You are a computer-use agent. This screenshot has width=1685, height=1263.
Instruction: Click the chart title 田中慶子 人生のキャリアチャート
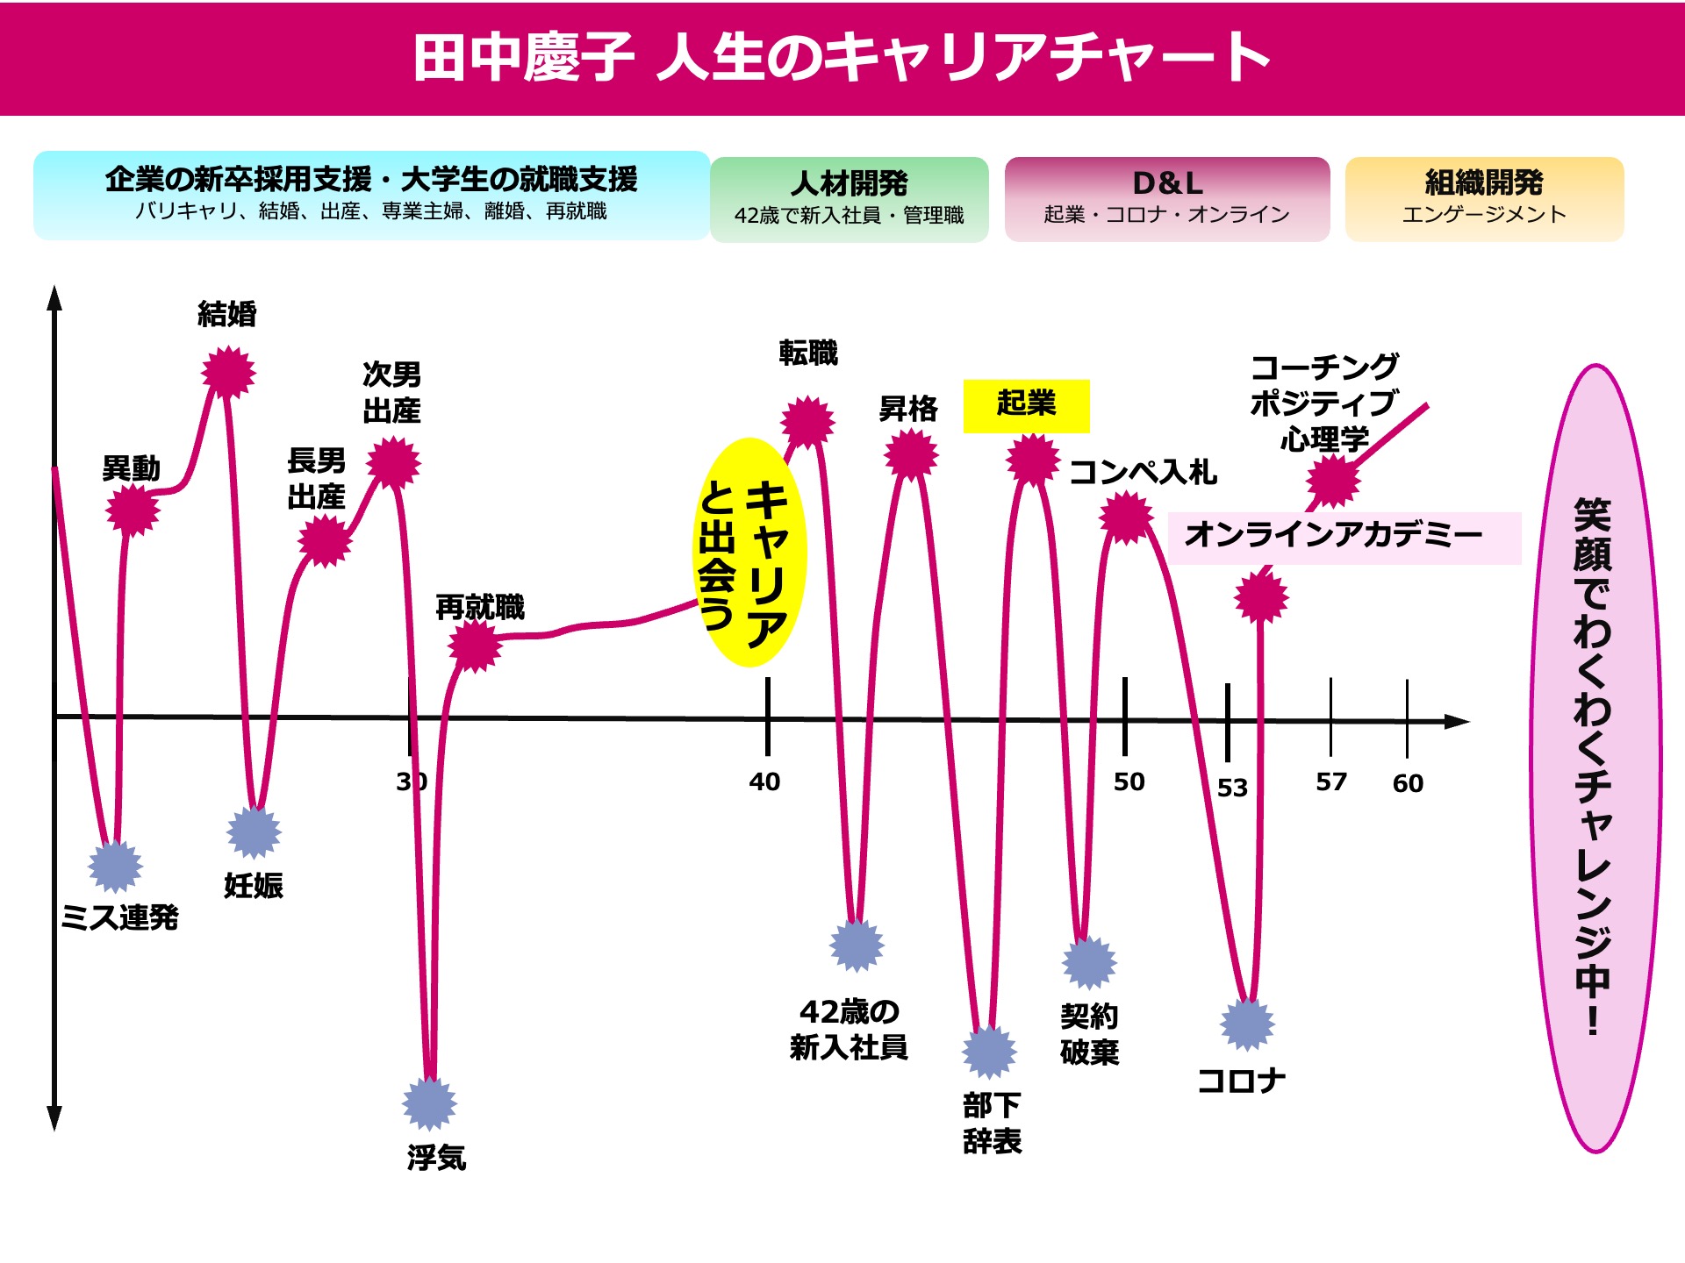tap(841, 58)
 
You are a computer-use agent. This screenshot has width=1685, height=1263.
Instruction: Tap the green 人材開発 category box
tap(849, 199)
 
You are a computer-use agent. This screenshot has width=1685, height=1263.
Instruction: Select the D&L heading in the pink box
tap(1167, 183)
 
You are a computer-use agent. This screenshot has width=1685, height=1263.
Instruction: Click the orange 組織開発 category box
tap(1484, 199)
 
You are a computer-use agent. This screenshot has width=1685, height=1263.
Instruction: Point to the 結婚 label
tap(227, 314)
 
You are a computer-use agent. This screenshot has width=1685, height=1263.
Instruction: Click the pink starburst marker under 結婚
tap(228, 373)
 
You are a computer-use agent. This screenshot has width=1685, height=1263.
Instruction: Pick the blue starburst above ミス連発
tap(115, 866)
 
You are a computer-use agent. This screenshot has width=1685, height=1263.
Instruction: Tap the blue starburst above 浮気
tap(429, 1103)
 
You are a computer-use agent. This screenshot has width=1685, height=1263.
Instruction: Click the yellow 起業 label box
tap(1026, 405)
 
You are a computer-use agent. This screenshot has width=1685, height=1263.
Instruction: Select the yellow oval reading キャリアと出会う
tap(749, 553)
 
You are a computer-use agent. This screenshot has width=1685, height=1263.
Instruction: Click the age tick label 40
tap(764, 781)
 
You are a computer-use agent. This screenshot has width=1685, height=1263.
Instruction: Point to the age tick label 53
tap(1232, 788)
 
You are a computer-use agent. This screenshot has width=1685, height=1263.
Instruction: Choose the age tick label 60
tap(1408, 783)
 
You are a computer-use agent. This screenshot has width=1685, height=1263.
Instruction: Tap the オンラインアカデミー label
tap(1334, 535)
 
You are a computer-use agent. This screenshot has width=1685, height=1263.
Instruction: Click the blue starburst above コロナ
tap(1247, 1024)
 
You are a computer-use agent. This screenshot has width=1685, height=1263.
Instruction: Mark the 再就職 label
tap(480, 607)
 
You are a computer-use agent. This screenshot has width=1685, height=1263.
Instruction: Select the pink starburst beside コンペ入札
tap(1126, 517)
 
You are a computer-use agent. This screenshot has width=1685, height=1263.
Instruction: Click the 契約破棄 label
tap(1089, 1034)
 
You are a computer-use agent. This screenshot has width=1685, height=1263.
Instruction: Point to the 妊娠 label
tap(254, 886)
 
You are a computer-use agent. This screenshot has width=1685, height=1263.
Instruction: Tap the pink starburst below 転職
tap(807, 422)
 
